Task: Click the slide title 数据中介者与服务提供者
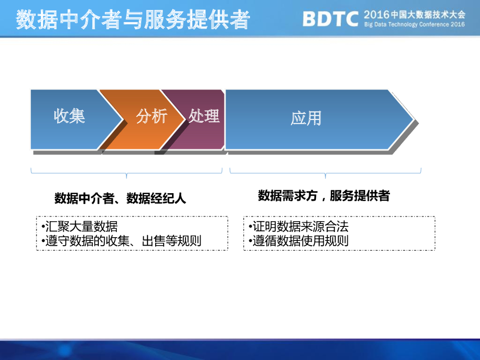133,20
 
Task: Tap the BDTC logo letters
330,19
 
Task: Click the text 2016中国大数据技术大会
414,15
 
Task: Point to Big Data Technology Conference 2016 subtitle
414,24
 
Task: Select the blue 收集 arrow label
69,116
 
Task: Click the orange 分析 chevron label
151,116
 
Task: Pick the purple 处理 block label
204,116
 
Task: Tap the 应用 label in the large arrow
306,119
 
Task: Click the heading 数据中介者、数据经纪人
120,198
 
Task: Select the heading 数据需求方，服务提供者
323,195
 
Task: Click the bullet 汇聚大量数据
79,226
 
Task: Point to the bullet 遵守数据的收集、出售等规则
121,241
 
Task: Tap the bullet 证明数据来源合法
299,226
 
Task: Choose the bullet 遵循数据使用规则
299,241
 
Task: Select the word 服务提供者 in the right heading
360,195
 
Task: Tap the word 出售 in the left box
153,241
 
